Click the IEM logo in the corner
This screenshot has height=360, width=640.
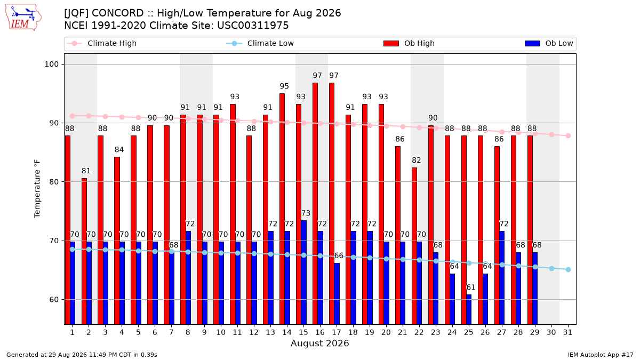coord(23,18)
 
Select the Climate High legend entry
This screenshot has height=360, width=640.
coord(101,43)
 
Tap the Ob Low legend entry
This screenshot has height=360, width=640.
coord(549,43)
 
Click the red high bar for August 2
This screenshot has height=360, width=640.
coord(84,251)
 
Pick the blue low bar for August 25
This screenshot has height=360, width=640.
coord(469,309)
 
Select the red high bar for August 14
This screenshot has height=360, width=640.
coord(282,209)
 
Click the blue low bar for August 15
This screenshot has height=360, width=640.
coord(303,273)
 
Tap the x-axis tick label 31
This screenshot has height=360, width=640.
coord(567,333)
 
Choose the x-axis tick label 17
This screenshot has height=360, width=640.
coord(337,333)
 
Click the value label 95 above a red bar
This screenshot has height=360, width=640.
coord(284,86)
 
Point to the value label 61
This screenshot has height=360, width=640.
coord(471,287)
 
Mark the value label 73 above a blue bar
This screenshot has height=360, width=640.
coord(306,213)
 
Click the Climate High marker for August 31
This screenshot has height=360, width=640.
coord(569,135)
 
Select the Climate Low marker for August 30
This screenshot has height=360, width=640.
coord(551,269)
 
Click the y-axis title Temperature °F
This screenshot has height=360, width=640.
coord(37,189)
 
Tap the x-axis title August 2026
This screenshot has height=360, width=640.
coord(319,343)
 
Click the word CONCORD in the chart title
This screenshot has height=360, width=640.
coord(118,13)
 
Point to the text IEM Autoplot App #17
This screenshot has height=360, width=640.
coord(601,355)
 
